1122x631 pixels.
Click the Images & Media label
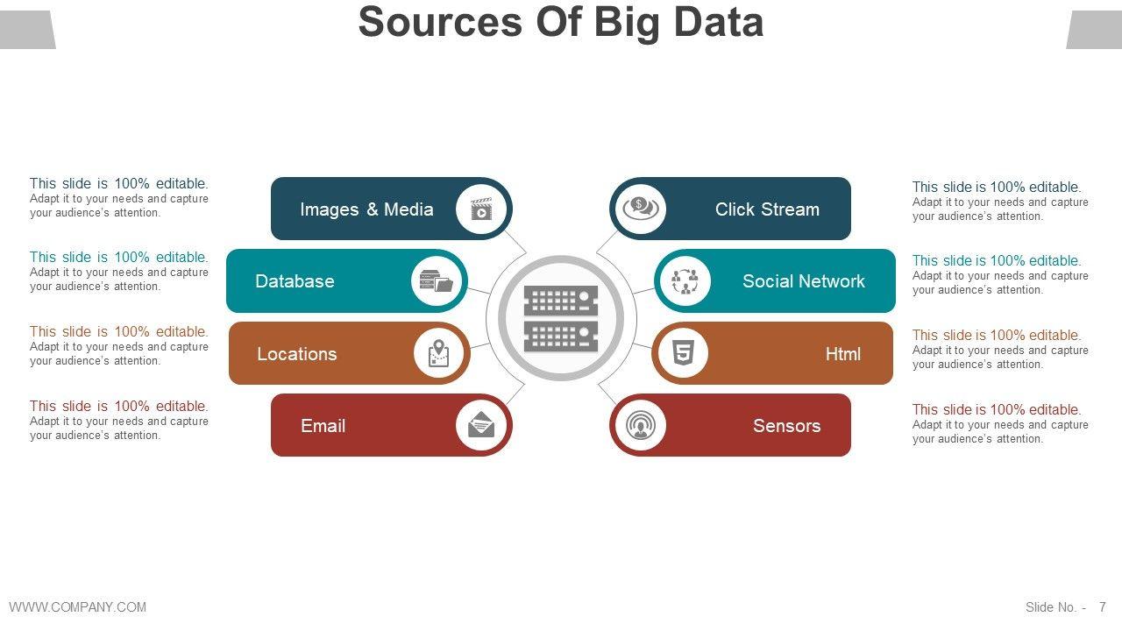(366, 209)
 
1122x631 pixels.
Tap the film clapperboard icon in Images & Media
(481, 209)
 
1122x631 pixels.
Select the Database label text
(295, 281)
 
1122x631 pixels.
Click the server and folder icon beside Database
(437, 281)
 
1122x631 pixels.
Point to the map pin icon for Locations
(439, 353)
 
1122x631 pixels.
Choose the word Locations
(296, 354)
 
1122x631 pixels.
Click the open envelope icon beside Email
(481, 425)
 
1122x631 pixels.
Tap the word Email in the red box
(323, 426)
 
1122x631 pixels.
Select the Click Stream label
(767, 209)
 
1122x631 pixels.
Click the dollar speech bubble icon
(640, 209)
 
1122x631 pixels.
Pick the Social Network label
(803, 281)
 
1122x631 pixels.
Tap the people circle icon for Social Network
(685, 281)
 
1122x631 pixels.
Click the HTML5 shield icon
(682, 353)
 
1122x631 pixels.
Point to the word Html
(842, 354)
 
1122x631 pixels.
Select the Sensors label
(786, 426)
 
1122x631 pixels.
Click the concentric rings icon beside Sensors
(640, 425)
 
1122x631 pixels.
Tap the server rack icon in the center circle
(561, 318)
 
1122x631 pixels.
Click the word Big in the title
(625, 22)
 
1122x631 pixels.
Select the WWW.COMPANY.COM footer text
(78, 606)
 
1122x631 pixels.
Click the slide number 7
(1103, 607)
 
